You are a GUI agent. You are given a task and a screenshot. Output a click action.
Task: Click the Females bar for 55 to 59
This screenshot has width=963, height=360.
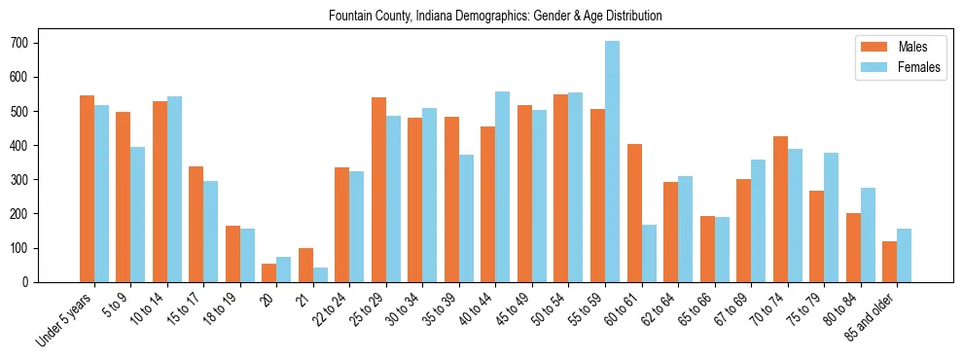click(612, 162)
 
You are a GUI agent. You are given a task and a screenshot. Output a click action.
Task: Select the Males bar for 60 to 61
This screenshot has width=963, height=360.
click(634, 213)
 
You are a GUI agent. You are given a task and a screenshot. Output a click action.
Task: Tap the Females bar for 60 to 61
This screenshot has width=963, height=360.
click(649, 253)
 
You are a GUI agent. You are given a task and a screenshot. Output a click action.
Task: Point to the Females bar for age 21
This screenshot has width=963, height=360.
click(320, 274)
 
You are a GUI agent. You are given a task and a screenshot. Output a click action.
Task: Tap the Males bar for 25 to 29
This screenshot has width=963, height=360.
click(378, 190)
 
